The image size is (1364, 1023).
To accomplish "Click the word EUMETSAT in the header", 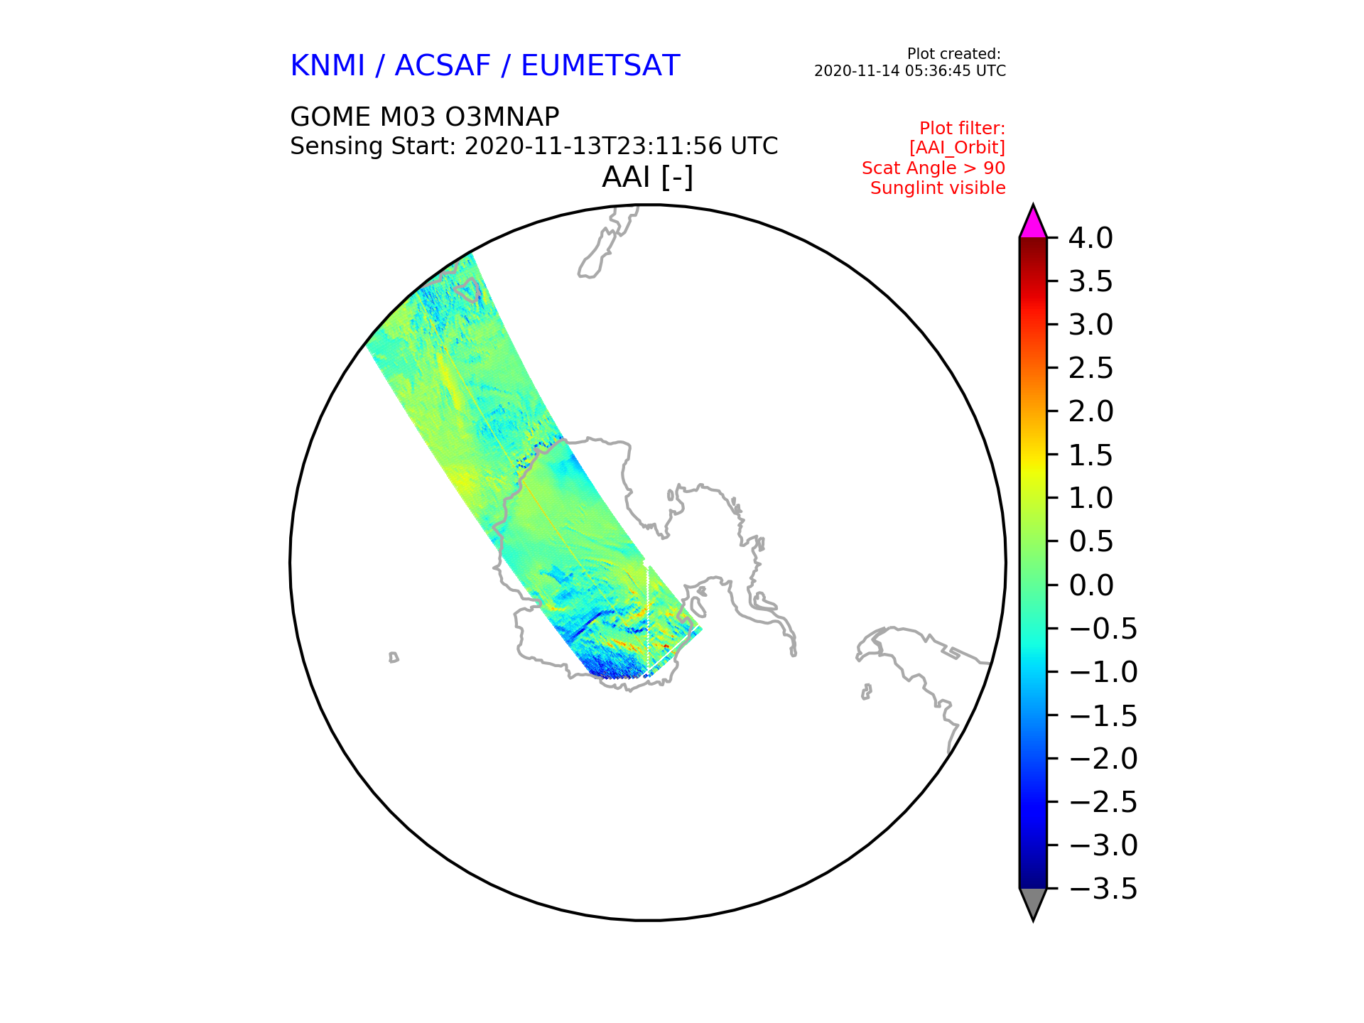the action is pyautogui.click(x=600, y=66).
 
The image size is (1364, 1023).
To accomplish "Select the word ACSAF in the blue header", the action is pyautogui.click(x=443, y=66).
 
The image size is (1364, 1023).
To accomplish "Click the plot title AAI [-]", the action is pyautogui.click(x=647, y=178).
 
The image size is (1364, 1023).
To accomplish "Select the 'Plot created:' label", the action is pyautogui.click(x=954, y=54).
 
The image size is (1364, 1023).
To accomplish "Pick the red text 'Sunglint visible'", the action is pyautogui.click(x=938, y=188).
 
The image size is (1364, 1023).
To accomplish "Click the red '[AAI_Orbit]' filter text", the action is pyautogui.click(x=957, y=148).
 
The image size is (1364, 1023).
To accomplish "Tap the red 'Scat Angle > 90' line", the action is pyautogui.click(x=933, y=168).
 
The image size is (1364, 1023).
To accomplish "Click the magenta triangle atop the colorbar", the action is pyautogui.click(x=1033, y=222).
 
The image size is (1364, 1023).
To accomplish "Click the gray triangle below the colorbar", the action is pyautogui.click(x=1033, y=904).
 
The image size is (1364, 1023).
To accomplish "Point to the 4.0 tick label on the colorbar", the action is pyautogui.click(x=1090, y=239).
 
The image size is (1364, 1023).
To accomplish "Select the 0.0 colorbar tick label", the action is pyautogui.click(x=1090, y=586).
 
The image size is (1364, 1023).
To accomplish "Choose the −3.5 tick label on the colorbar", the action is pyautogui.click(x=1103, y=889).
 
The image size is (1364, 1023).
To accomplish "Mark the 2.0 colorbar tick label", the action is pyautogui.click(x=1090, y=412).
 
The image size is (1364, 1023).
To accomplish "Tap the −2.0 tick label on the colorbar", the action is pyautogui.click(x=1103, y=759).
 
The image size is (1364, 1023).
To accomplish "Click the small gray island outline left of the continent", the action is pyautogui.click(x=394, y=658).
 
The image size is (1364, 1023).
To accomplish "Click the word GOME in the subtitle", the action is pyautogui.click(x=330, y=117).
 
